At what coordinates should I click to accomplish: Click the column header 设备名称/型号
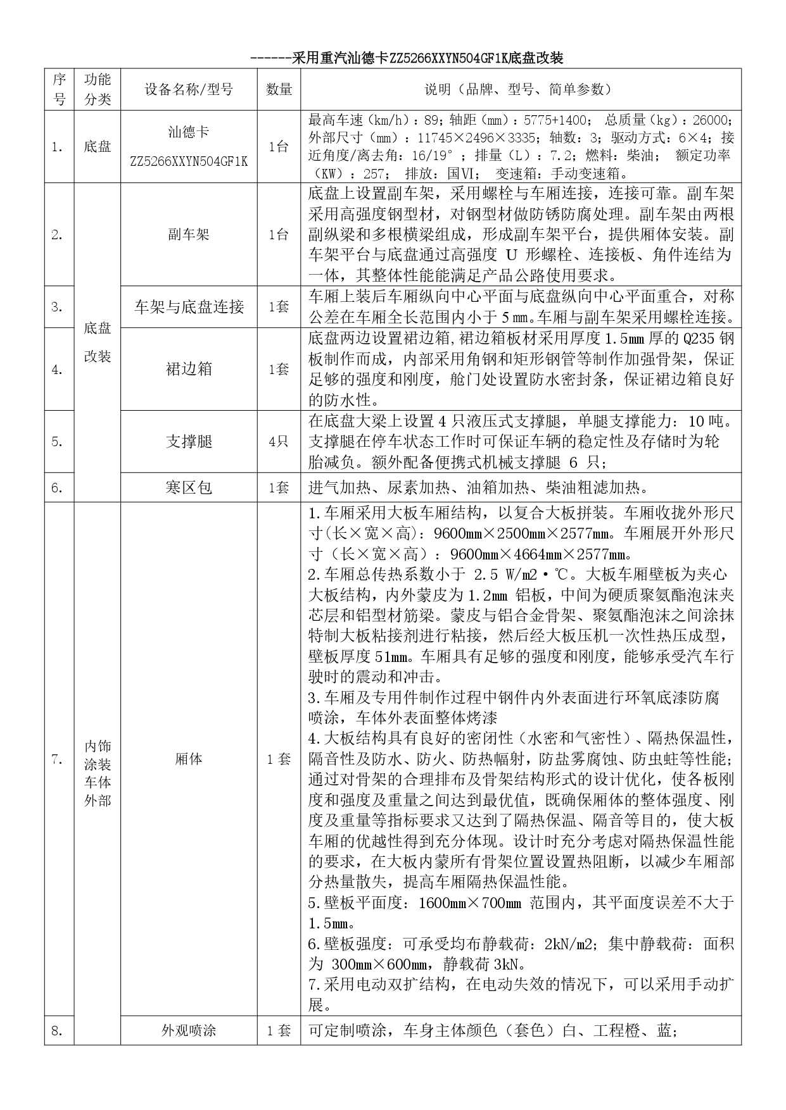[189, 90]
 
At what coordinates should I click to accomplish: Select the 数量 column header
[279, 90]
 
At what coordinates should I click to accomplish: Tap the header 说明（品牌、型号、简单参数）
[520, 90]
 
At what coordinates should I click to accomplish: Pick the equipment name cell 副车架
[189, 235]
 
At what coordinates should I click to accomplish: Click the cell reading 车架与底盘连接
[189, 307]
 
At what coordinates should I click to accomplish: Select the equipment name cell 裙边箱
[189, 369]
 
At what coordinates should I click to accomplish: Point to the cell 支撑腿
[189, 442]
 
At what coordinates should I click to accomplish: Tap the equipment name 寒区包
[189, 487]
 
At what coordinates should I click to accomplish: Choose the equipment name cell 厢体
[189, 759]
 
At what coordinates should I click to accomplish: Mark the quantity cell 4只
[279, 442]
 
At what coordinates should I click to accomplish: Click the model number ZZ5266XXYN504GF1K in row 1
[189, 161]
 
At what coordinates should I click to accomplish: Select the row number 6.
[58, 487]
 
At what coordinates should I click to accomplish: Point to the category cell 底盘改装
[98, 342]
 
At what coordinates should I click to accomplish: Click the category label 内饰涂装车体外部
[98, 773]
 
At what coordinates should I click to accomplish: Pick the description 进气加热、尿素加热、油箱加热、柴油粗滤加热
[469, 487]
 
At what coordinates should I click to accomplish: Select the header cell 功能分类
[98, 90]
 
